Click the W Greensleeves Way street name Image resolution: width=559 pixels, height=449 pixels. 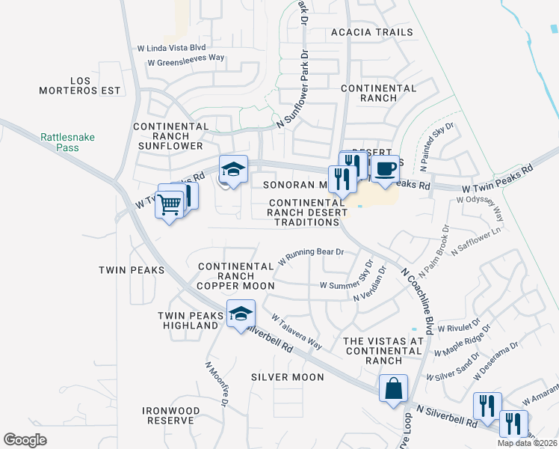click(186, 63)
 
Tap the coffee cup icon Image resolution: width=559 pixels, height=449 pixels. click(385, 169)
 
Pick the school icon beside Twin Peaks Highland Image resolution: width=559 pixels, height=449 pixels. click(241, 314)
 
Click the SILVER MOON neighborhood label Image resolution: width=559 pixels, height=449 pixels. click(288, 377)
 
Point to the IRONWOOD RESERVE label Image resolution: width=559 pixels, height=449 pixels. click(172, 415)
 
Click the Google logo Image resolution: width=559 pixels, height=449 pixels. click(25, 440)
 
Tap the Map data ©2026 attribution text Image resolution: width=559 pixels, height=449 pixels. click(527, 443)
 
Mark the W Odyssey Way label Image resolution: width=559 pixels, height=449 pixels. click(481, 200)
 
